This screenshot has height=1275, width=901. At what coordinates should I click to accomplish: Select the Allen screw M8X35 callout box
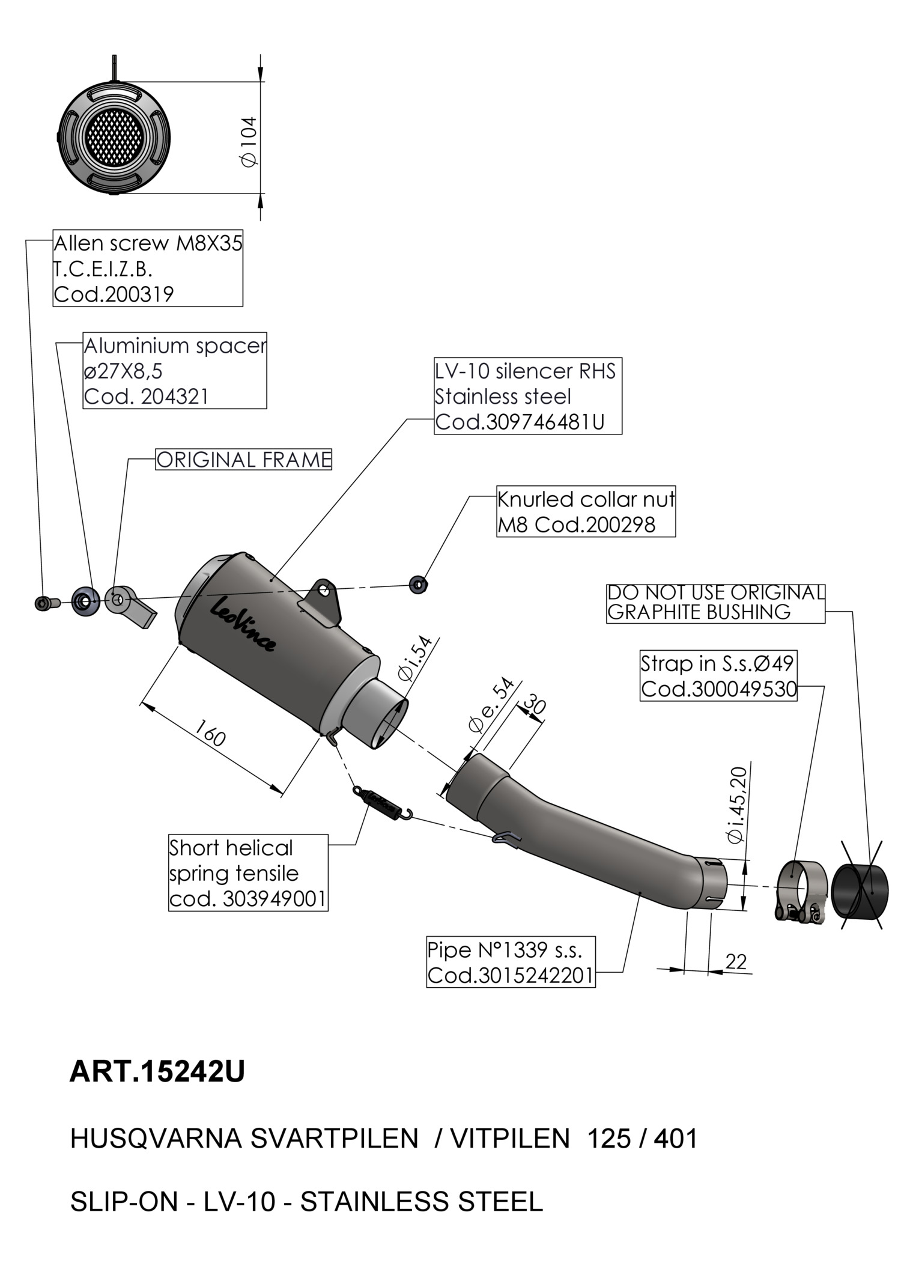[x=148, y=268]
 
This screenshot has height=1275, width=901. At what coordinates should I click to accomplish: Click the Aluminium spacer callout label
[x=175, y=371]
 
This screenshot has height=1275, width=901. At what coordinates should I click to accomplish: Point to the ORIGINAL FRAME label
[x=243, y=460]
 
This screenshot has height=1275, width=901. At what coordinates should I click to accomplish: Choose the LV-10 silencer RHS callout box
[x=527, y=397]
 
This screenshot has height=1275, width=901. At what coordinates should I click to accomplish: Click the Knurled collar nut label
[x=585, y=512]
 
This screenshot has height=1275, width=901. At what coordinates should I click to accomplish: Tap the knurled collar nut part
[x=418, y=583]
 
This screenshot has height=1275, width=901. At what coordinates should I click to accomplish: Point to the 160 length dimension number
[x=210, y=734]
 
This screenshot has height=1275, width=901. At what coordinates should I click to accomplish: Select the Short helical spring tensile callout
[x=248, y=873]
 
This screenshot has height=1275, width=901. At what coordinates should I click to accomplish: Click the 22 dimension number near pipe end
[x=736, y=961]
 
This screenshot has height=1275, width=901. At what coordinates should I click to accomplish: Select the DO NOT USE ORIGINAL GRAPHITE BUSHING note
[x=715, y=603]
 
